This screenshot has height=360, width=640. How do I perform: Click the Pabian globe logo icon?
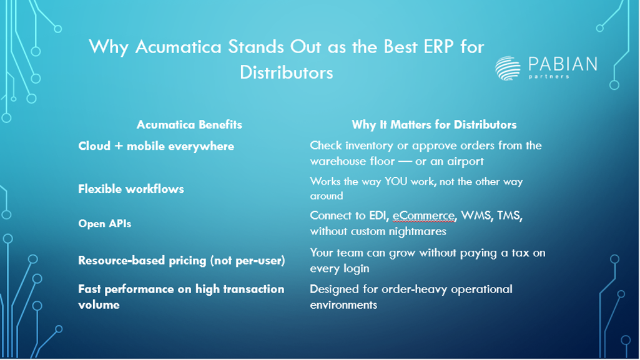[x=508, y=68]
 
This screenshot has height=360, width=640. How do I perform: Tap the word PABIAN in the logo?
[x=563, y=64]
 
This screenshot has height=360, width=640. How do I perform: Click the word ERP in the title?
[x=438, y=46]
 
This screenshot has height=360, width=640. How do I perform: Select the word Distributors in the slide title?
[x=286, y=72]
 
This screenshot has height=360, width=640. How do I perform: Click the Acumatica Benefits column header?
[x=189, y=124]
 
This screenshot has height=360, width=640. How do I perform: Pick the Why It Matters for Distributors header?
[x=435, y=124]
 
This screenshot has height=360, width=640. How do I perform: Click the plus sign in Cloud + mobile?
[x=119, y=146]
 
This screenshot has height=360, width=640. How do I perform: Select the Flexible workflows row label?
[x=131, y=189]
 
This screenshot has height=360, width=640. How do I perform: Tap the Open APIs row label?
[x=105, y=223]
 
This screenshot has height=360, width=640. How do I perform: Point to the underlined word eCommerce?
[x=424, y=215]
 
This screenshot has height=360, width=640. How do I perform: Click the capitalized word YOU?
[x=395, y=182]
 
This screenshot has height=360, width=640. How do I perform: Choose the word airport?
[x=465, y=162]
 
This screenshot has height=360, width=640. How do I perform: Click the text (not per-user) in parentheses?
[x=248, y=261]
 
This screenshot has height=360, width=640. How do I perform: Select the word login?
[x=357, y=269]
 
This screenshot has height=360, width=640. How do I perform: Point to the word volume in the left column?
[x=99, y=304]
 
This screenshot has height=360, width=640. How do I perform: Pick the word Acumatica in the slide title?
[x=178, y=46]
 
